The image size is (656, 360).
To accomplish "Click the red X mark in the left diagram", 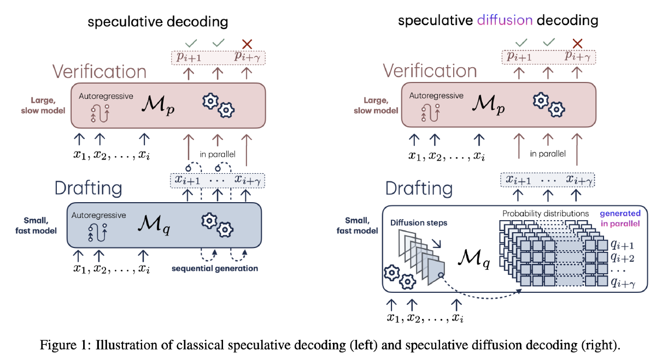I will (x=247, y=43).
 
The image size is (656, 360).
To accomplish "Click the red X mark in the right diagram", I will (x=577, y=43).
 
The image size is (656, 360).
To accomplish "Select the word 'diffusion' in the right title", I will (x=505, y=21).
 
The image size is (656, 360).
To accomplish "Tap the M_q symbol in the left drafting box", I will (x=156, y=224).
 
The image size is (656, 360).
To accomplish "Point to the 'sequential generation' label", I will (x=214, y=268).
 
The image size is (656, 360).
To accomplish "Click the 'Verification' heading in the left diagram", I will (x=99, y=72).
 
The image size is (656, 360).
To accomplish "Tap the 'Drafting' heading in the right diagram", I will (x=419, y=188).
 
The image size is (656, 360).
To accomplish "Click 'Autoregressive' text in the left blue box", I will (x=98, y=215).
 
